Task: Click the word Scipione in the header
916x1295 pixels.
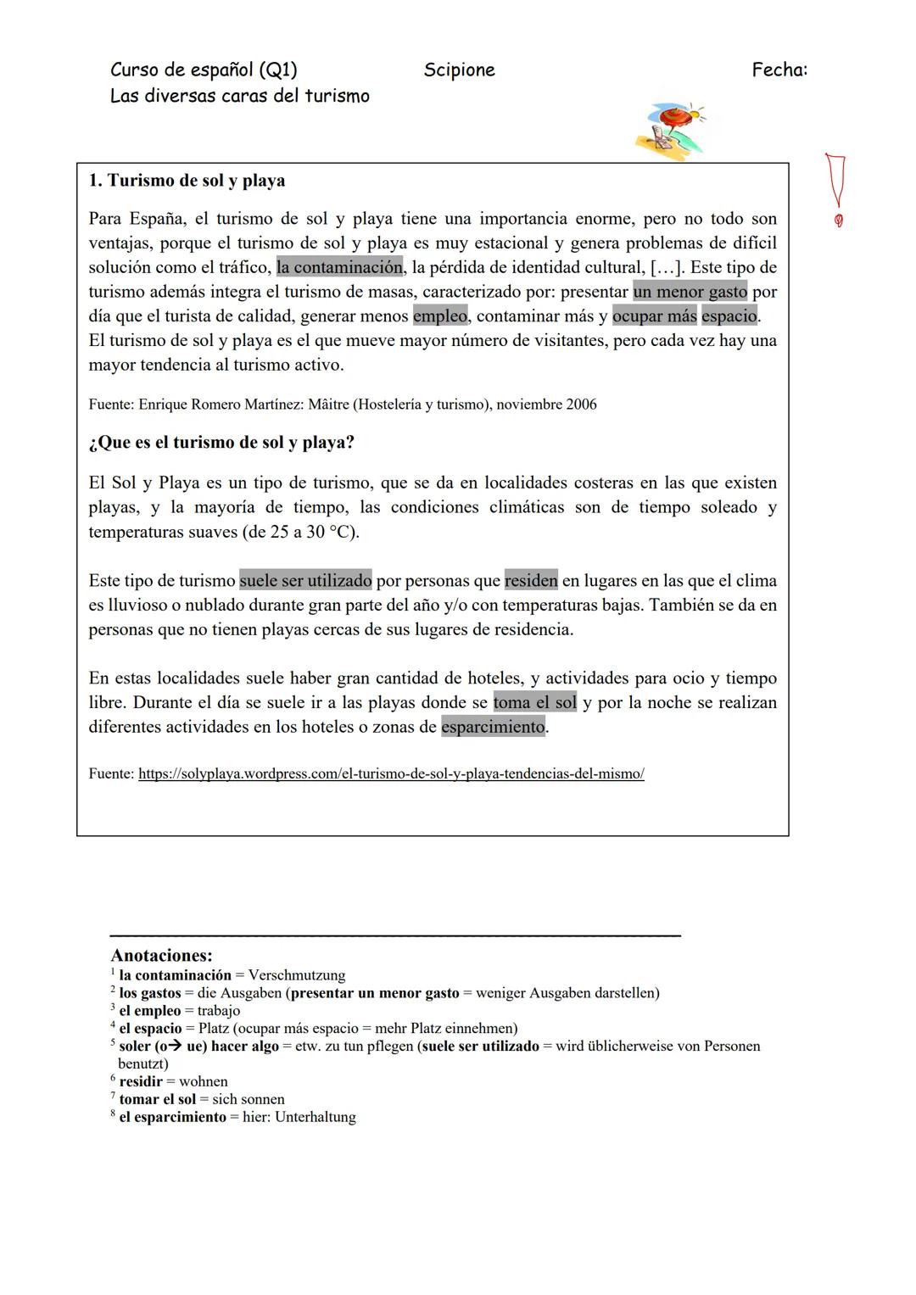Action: click(x=459, y=70)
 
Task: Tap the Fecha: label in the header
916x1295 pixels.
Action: click(x=779, y=70)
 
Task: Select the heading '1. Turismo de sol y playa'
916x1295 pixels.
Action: click(x=187, y=181)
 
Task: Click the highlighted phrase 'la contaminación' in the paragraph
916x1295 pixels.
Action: click(x=339, y=267)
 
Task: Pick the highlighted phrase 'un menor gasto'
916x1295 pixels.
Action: click(x=690, y=292)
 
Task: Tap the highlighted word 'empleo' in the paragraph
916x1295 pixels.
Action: click(x=440, y=316)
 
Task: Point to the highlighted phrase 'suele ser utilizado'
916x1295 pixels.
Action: click(x=305, y=581)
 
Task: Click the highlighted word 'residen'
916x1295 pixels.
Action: click(x=531, y=581)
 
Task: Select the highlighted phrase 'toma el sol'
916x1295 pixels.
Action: click(x=534, y=702)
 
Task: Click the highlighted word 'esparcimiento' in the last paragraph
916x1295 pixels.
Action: click(x=493, y=727)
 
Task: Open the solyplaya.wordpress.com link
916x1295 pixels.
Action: click(x=391, y=774)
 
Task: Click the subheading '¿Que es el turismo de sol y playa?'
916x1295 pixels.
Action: click(x=221, y=443)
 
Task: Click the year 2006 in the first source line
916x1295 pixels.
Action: click(x=581, y=405)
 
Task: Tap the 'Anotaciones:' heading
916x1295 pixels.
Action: click(x=161, y=956)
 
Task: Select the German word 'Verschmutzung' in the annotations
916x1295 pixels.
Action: click(x=296, y=975)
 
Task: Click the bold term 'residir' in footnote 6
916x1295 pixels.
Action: click(x=141, y=1081)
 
